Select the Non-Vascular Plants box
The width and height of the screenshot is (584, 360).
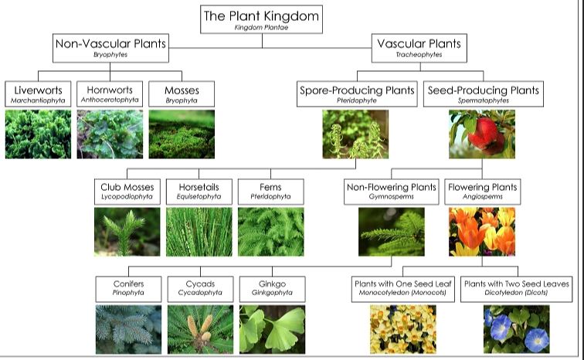click(x=110, y=48)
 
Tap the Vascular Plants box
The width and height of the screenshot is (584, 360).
click(x=419, y=48)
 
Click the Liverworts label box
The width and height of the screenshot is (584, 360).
click(x=37, y=94)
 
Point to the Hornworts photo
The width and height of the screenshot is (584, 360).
click(x=110, y=134)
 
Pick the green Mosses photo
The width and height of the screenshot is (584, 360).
click(x=182, y=134)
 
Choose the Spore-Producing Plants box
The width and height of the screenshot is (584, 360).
click(x=355, y=94)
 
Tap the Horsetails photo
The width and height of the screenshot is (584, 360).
click(x=199, y=232)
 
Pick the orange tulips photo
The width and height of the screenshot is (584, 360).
click(x=482, y=232)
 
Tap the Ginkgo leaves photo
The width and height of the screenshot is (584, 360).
click(x=272, y=329)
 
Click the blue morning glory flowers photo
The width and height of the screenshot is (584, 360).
click(x=516, y=329)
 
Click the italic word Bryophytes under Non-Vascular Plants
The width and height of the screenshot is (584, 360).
click(x=110, y=56)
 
